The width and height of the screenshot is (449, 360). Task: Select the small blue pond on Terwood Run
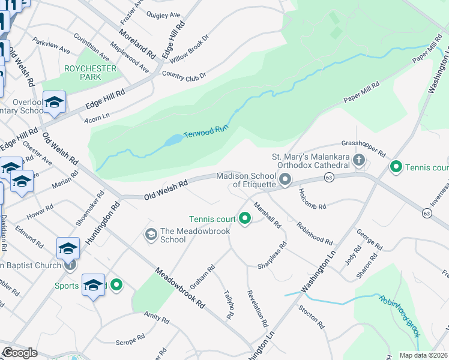pyautogui.click(x=173, y=140)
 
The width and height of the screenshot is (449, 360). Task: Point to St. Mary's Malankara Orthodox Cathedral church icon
pyautogui.click(x=359, y=160)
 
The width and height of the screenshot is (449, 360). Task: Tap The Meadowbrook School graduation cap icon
pyautogui.click(x=151, y=233)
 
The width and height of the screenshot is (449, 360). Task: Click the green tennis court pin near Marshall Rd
pyautogui.click(x=244, y=218)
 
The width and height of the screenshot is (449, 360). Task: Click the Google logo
pyautogui.click(x=19, y=353)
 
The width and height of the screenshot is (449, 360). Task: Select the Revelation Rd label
pyautogui.click(x=257, y=308)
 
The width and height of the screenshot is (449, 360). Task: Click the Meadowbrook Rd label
pyautogui.click(x=179, y=288)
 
